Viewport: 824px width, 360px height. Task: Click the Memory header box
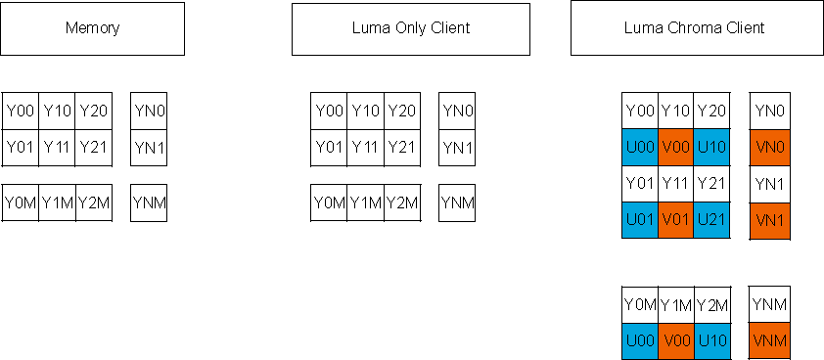[x=92, y=28]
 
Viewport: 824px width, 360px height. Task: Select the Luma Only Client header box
[x=411, y=28]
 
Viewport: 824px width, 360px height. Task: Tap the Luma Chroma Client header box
[x=694, y=28]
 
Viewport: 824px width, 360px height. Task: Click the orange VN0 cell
[x=768, y=147]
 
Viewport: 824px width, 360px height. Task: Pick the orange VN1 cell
[x=768, y=220]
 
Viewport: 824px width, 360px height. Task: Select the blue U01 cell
[x=640, y=220]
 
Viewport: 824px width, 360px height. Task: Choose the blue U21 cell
[x=712, y=220]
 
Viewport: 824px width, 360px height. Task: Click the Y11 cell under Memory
[x=58, y=148]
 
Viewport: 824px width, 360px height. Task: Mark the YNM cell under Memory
[x=149, y=203]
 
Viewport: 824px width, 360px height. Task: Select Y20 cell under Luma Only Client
[x=402, y=112]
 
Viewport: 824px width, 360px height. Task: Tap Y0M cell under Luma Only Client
[x=329, y=203]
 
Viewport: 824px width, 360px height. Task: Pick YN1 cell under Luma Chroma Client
[x=768, y=184]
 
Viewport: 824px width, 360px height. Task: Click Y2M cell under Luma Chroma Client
[x=712, y=305]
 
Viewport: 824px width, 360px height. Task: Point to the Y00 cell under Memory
[x=21, y=112]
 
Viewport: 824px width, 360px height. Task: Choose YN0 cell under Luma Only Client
[x=457, y=112]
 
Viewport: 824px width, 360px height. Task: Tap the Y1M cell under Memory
[x=58, y=203]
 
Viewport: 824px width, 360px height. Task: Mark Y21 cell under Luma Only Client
[x=402, y=148]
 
